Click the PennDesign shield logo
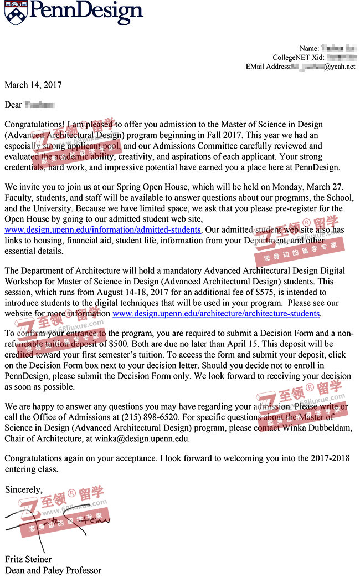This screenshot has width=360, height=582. (x=15, y=12)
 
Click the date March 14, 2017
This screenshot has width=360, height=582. (x=33, y=85)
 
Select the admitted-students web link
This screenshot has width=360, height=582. (x=103, y=229)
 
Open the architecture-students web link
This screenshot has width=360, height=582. (x=216, y=314)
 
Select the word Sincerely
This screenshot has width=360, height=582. (x=23, y=489)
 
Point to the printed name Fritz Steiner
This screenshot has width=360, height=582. (x=28, y=559)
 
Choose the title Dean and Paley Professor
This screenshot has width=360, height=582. (x=53, y=570)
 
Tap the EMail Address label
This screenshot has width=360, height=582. (x=268, y=67)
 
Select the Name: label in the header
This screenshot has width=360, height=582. (x=309, y=49)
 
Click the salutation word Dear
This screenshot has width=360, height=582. (x=13, y=105)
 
